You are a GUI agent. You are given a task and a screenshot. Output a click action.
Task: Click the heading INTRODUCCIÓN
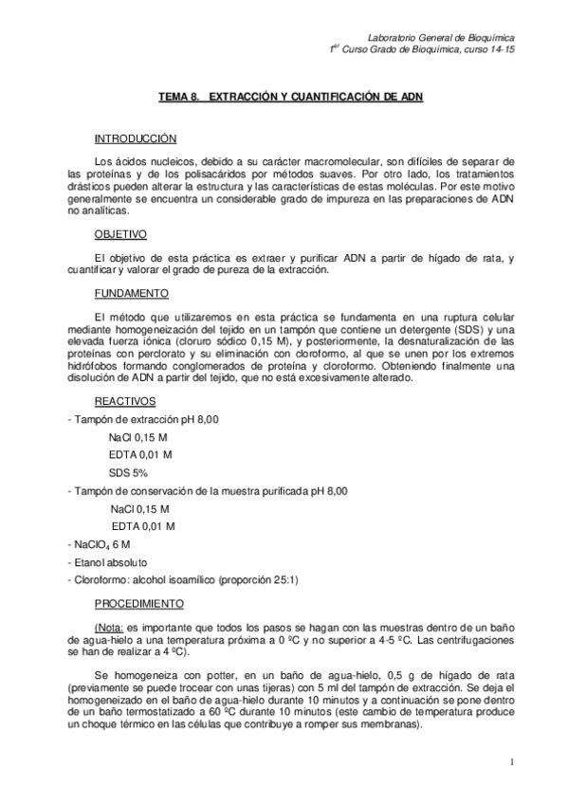click(136, 138)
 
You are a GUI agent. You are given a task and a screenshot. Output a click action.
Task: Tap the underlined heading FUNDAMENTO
click(132, 293)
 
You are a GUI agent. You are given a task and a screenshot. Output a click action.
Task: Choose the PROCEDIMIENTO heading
click(139, 603)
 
